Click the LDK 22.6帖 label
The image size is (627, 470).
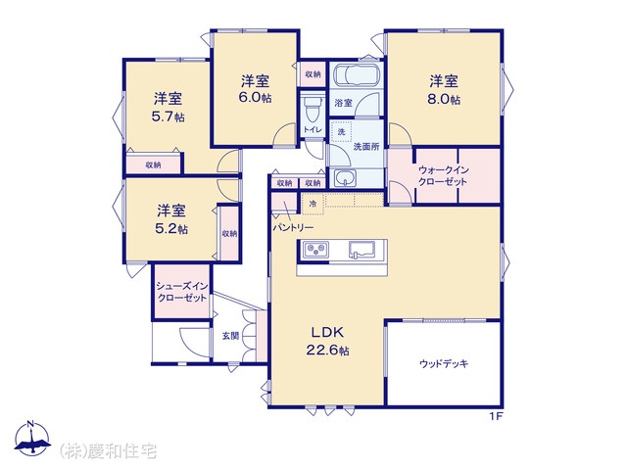(327, 341)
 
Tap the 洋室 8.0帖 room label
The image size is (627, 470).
(444, 90)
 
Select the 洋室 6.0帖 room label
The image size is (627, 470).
(255, 89)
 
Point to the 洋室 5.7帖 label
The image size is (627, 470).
(168, 107)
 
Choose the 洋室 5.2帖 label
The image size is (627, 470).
(171, 219)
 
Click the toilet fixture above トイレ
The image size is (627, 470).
(312, 109)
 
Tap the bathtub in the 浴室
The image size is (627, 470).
(355, 74)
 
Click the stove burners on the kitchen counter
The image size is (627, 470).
(315, 251)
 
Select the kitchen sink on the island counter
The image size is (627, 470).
(362, 251)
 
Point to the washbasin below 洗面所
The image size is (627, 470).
(345, 178)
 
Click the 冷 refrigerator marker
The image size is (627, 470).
(313, 204)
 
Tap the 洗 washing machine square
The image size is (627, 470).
(341, 131)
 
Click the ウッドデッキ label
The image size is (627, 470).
(444, 363)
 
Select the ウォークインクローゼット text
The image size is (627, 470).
(443, 176)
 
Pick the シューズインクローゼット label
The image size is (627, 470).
(182, 292)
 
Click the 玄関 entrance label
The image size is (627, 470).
(231, 336)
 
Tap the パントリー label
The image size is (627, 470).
(293, 228)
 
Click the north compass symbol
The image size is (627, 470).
(32, 439)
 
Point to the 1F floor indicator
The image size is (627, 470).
(496, 416)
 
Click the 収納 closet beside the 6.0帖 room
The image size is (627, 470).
(313, 74)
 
